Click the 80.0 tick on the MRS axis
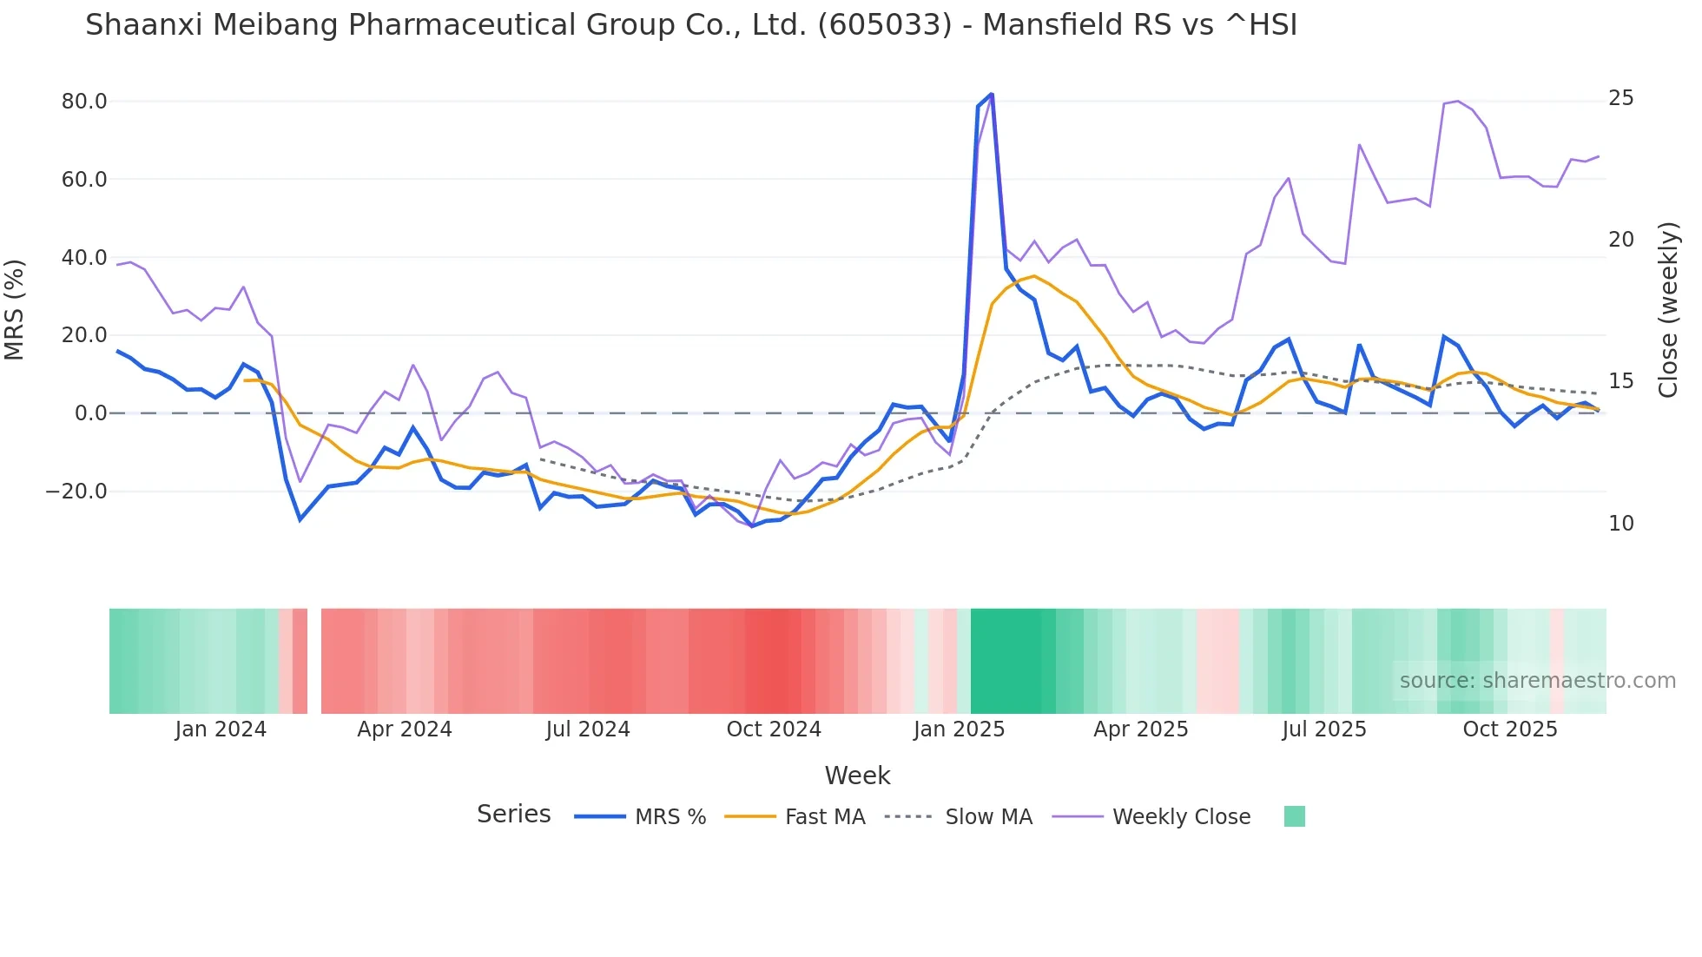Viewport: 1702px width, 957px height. click(x=84, y=102)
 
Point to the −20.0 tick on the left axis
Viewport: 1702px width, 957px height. click(x=77, y=492)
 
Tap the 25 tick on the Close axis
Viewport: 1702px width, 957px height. click(x=1620, y=98)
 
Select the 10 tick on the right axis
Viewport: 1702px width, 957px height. click(x=1620, y=524)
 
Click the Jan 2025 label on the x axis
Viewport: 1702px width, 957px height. click(x=959, y=729)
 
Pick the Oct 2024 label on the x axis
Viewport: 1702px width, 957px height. click(x=774, y=729)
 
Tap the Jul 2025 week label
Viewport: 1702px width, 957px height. click(x=1324, y=729)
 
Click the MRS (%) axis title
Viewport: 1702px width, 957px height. click(x=15, y=309)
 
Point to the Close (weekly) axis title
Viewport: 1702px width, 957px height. click(x=1667, y=310)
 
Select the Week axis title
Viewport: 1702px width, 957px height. click(x=857, y=775)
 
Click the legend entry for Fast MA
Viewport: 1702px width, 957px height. click(x=824, y=817)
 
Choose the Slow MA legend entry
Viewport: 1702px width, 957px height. click(x=988, y=817)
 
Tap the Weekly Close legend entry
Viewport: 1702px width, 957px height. click(x=1181, y=817)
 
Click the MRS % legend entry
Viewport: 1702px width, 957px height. click(x=670, y=817)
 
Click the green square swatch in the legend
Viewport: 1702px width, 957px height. click(x=1294, y=816)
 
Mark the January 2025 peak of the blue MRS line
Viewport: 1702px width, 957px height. click(x=991, y=95)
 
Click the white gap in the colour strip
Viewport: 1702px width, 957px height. click(x=314, y=661)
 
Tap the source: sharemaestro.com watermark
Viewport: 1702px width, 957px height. click(x=1537, y=681)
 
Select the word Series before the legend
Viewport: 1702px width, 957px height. click(x=513, y=815)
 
